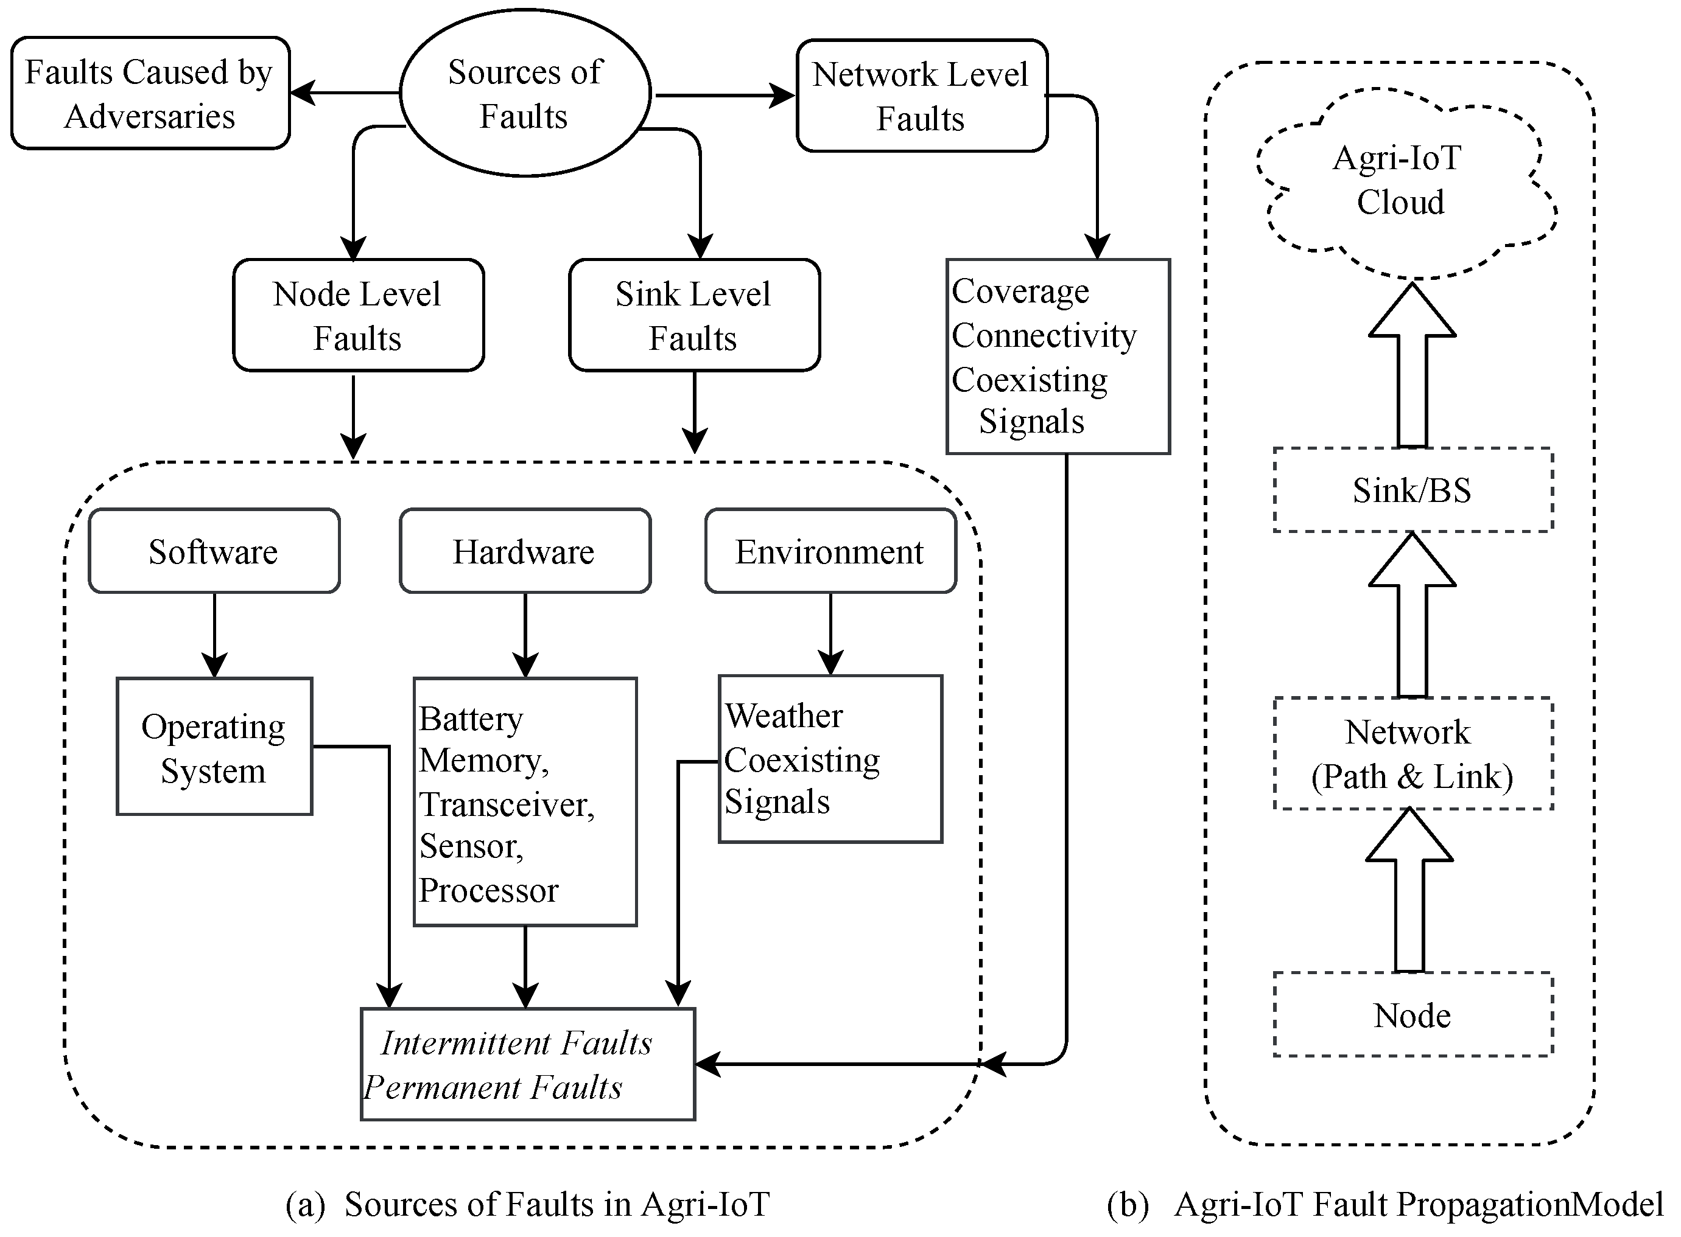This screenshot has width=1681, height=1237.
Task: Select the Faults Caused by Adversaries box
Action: [x=150, y=94]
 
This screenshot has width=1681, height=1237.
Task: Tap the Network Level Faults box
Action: [x=921, y=96]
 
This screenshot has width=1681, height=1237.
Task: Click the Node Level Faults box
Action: [x=358, y=315]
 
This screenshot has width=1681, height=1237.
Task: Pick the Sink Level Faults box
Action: [x=693, y=315]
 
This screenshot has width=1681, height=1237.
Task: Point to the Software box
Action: [x=214, y=552]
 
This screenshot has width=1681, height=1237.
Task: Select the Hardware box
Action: [x=524, y=552]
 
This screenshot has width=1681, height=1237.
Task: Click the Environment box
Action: [x=830, y=552]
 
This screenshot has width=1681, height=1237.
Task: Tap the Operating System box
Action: [x=214, y=747]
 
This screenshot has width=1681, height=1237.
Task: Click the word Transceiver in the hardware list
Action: [x=507, y=805]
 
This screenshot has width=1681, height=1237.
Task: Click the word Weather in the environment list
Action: [x=784, y=716]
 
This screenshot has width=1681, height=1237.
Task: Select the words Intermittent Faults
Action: [x=516, y=1043]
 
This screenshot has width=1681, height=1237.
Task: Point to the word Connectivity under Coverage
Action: [x=1044, y=335]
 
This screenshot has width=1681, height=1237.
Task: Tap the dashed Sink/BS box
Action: [x=1412, y=490]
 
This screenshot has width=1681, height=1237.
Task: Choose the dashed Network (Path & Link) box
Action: [x=1412, y=754]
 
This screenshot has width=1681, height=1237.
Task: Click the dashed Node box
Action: [x=1412, y=1016]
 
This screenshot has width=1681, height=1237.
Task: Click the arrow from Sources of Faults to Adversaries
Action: [x=345, y=94]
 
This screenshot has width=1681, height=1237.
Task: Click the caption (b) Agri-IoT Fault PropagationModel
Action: [x=1384, y=1205]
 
